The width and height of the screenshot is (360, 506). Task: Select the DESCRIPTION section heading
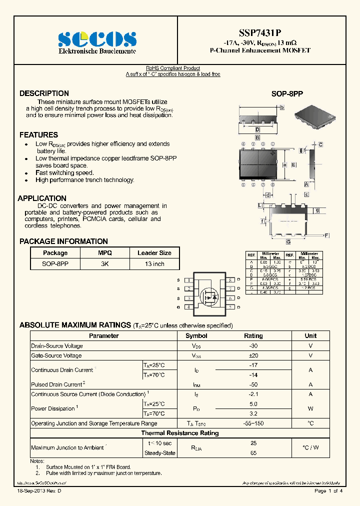coord(44,93)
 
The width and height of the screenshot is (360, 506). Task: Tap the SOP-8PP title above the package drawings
coord(287,94)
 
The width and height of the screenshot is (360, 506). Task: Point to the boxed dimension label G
coord(288,242)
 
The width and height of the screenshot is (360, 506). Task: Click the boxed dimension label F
coord(326,235)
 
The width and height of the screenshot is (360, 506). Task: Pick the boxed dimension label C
coord(320,145)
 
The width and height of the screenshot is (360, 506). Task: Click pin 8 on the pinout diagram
coord(231,280)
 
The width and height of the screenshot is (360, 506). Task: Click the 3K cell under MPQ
coord(105,263)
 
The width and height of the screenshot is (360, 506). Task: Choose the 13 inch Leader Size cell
coord(154,263)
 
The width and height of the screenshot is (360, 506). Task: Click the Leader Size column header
coord(154,253)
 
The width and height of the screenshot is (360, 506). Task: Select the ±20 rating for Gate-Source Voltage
coord(253,355)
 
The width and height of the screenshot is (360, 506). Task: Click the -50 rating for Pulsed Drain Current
coord(253,384)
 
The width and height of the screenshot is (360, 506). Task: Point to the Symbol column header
coord(196,336)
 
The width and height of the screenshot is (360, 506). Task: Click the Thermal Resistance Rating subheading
coord(180,433)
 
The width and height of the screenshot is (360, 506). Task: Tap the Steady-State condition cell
coord(159,453)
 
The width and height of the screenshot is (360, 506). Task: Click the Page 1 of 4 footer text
coord(328,491)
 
